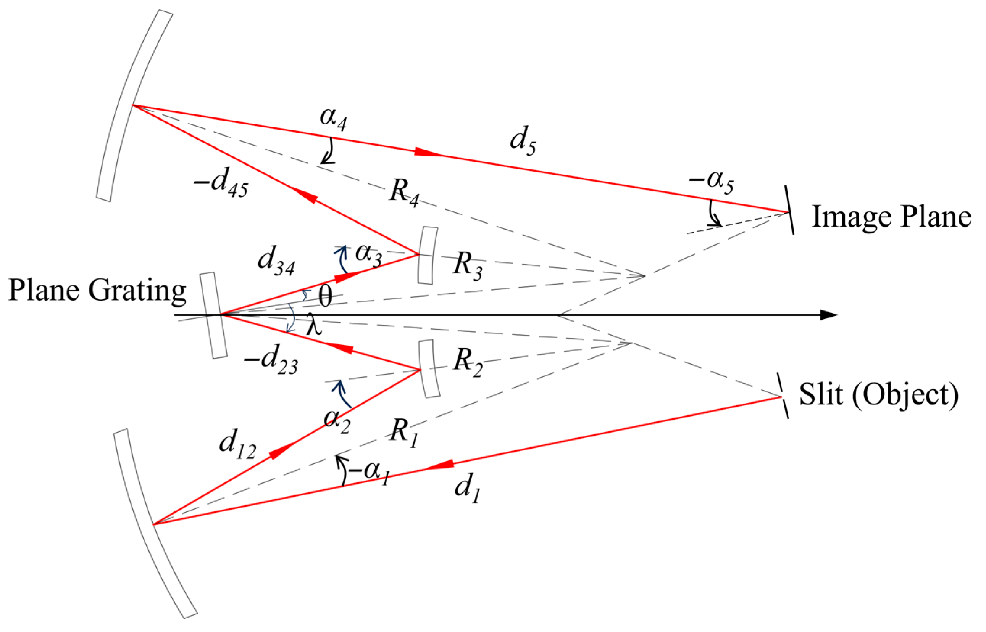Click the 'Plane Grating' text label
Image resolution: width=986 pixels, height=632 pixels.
tap(97, 291)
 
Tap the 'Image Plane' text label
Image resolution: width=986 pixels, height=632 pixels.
tap(891, 217)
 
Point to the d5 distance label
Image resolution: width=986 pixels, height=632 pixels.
tap(522, 141)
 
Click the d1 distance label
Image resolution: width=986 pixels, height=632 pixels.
tap(467, 488)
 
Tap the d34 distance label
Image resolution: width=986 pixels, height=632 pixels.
tap(276, 261)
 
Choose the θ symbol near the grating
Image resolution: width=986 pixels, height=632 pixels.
tap(325, 296)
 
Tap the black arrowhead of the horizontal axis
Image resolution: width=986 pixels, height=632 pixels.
tap(828, 315)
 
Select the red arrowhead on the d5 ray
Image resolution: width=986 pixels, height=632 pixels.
tap(427, 152)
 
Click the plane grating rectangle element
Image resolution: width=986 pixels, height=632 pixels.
tap(213, 315)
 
